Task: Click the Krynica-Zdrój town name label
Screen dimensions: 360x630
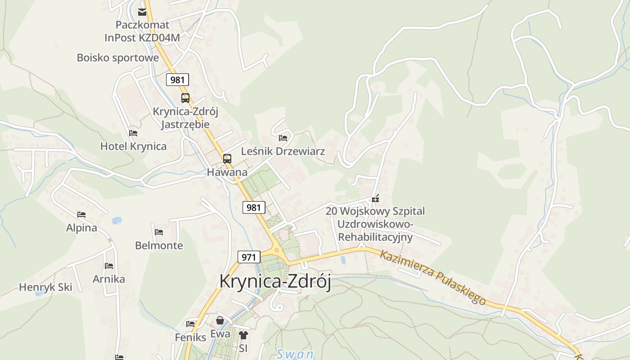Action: [275, 282]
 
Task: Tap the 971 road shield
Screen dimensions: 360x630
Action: [249, 257]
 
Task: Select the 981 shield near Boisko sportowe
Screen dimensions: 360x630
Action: [177, 80]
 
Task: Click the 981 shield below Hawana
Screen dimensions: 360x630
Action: [254, 207]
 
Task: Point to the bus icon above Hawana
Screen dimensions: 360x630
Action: [227, 158]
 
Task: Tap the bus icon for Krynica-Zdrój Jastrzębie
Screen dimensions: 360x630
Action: [185, 98]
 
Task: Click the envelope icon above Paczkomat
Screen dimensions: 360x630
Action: [142, 12]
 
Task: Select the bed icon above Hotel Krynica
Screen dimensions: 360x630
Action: [133, 133]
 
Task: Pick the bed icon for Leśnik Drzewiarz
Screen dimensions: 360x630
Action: [283, 138]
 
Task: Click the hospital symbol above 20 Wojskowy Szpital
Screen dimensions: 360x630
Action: [375, 198]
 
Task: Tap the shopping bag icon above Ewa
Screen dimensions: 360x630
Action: [220, 320]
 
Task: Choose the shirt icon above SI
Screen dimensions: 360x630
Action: [243, 335]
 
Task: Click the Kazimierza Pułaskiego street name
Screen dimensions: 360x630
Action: [433, 277]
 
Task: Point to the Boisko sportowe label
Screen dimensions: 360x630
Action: [118, 58]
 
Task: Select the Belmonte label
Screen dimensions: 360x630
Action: [159, 245]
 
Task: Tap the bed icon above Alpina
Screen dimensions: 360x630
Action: [81, 215]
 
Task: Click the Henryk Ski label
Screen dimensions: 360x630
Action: [45, 287]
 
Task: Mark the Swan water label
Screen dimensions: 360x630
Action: [295, 354]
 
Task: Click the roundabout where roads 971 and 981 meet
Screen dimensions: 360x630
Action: [276, 250]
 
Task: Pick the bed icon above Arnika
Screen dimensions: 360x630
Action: [109, 266]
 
